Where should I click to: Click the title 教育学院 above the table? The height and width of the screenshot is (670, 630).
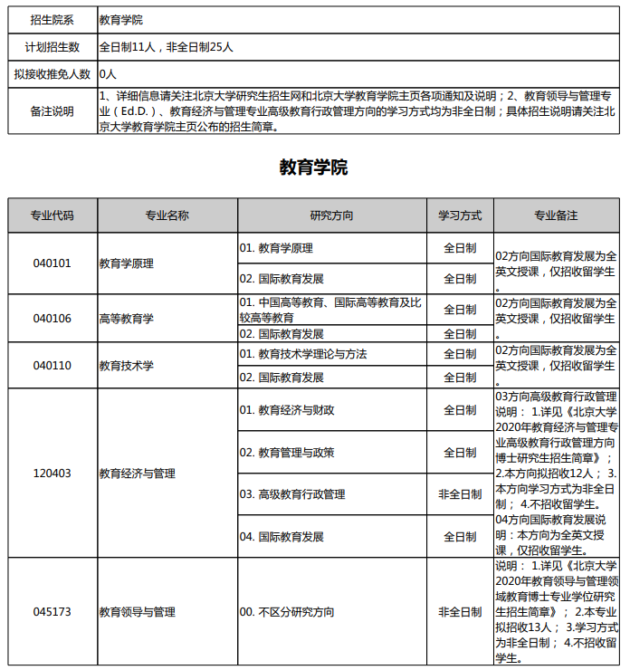click(x=313, y=167)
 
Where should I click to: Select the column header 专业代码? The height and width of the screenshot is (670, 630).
click(x=52, y=215)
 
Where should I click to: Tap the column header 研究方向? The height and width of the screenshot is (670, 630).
click(x=331, y=215)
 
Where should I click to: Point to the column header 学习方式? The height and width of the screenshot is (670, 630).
click(x=460, y=215)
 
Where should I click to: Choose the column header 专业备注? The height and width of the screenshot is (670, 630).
click(x=556, y=215)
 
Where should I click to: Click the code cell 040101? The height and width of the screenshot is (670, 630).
click(x=52, y=263)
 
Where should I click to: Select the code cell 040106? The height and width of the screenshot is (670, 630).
click(x=52, y=319)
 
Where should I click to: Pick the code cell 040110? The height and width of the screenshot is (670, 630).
click(x=52, y=366)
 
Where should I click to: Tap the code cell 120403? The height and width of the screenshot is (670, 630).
click(x=52, y=474)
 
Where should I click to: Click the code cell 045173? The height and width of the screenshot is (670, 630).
click(x=52, y=612)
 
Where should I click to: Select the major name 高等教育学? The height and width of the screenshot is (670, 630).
click(x=127, y=319)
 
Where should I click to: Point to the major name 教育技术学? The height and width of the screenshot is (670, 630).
click(x=127, y=366)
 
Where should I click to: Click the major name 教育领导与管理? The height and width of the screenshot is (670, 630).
click(x=138, y=612)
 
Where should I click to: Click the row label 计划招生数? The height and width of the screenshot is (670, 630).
click(x=52, y=46)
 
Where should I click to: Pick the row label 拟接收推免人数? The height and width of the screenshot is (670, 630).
click(x=52, y=73)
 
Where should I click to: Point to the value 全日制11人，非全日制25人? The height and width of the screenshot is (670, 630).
click(x=172, y=46)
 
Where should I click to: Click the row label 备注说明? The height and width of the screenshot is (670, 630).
click(x=52, y=111)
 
